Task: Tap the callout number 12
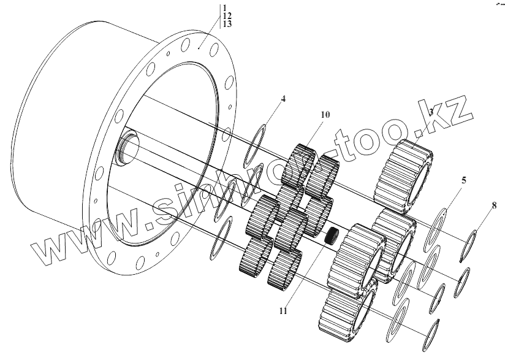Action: (227, 15)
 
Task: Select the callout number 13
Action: (227, 23)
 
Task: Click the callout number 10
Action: (325, 115)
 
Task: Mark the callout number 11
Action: (283, 311)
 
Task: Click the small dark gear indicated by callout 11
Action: (332, 235)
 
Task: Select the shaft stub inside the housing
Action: (127, 150)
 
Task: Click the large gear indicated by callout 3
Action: (406, 174)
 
